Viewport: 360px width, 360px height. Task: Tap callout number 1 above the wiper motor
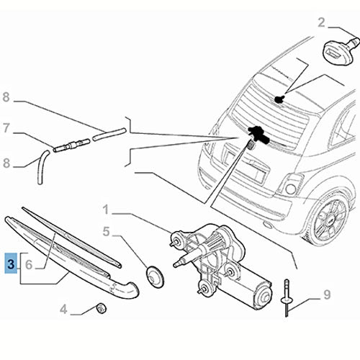point(106,211)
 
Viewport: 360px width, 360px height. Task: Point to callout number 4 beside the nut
point(63,310)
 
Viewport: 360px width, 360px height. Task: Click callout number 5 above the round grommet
point(106,233)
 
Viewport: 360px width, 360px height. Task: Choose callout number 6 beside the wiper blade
point(29,265)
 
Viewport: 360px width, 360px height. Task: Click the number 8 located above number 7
point(6,96)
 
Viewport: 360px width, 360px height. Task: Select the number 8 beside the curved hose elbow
point(6,163)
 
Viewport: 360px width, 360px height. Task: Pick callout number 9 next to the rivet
point(328,294)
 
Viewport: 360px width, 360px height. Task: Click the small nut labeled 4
point(102,310)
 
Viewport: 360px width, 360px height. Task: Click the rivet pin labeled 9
point(288,296)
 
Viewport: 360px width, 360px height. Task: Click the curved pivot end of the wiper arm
point(128,290)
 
